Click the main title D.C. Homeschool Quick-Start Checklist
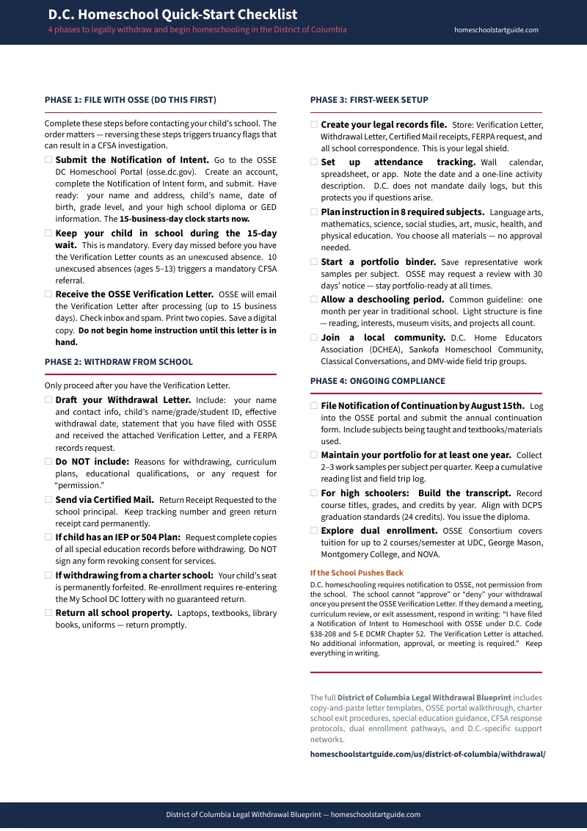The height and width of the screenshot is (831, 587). (x=172, y=15)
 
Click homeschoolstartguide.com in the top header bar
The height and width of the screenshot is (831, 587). (x=496, y=30)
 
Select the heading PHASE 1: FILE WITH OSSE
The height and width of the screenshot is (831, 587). (x=131, y=100)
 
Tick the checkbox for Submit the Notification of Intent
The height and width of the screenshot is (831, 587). (x=48, y=159)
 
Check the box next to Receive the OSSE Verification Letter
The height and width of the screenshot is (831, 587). (x=48, y=294)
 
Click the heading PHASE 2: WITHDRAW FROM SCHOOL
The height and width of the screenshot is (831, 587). (x=119, y=362)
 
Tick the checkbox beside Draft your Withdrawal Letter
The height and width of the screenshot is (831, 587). (x=48, y=400)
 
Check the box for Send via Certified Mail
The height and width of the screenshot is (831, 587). (x=48, y=500)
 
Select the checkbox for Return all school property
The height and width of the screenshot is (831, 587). (x=48, y=612)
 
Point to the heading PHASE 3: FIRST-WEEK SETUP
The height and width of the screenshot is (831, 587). (x=369, y=100)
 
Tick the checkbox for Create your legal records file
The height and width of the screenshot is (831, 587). (x=314, y=125)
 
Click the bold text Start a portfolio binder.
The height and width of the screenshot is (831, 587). (x=379, y=262)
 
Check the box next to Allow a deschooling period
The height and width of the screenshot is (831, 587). (x=314, y=300)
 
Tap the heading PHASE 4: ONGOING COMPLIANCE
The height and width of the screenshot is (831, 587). (x=377, y=381)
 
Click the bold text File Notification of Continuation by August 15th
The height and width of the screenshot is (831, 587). (x=423, y=406)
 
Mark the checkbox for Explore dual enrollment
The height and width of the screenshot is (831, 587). (x=314, y=530)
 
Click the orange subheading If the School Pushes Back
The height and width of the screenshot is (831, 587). (x=357, y=573)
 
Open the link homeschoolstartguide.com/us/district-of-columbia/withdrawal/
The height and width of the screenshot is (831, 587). (x=428, y=754)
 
